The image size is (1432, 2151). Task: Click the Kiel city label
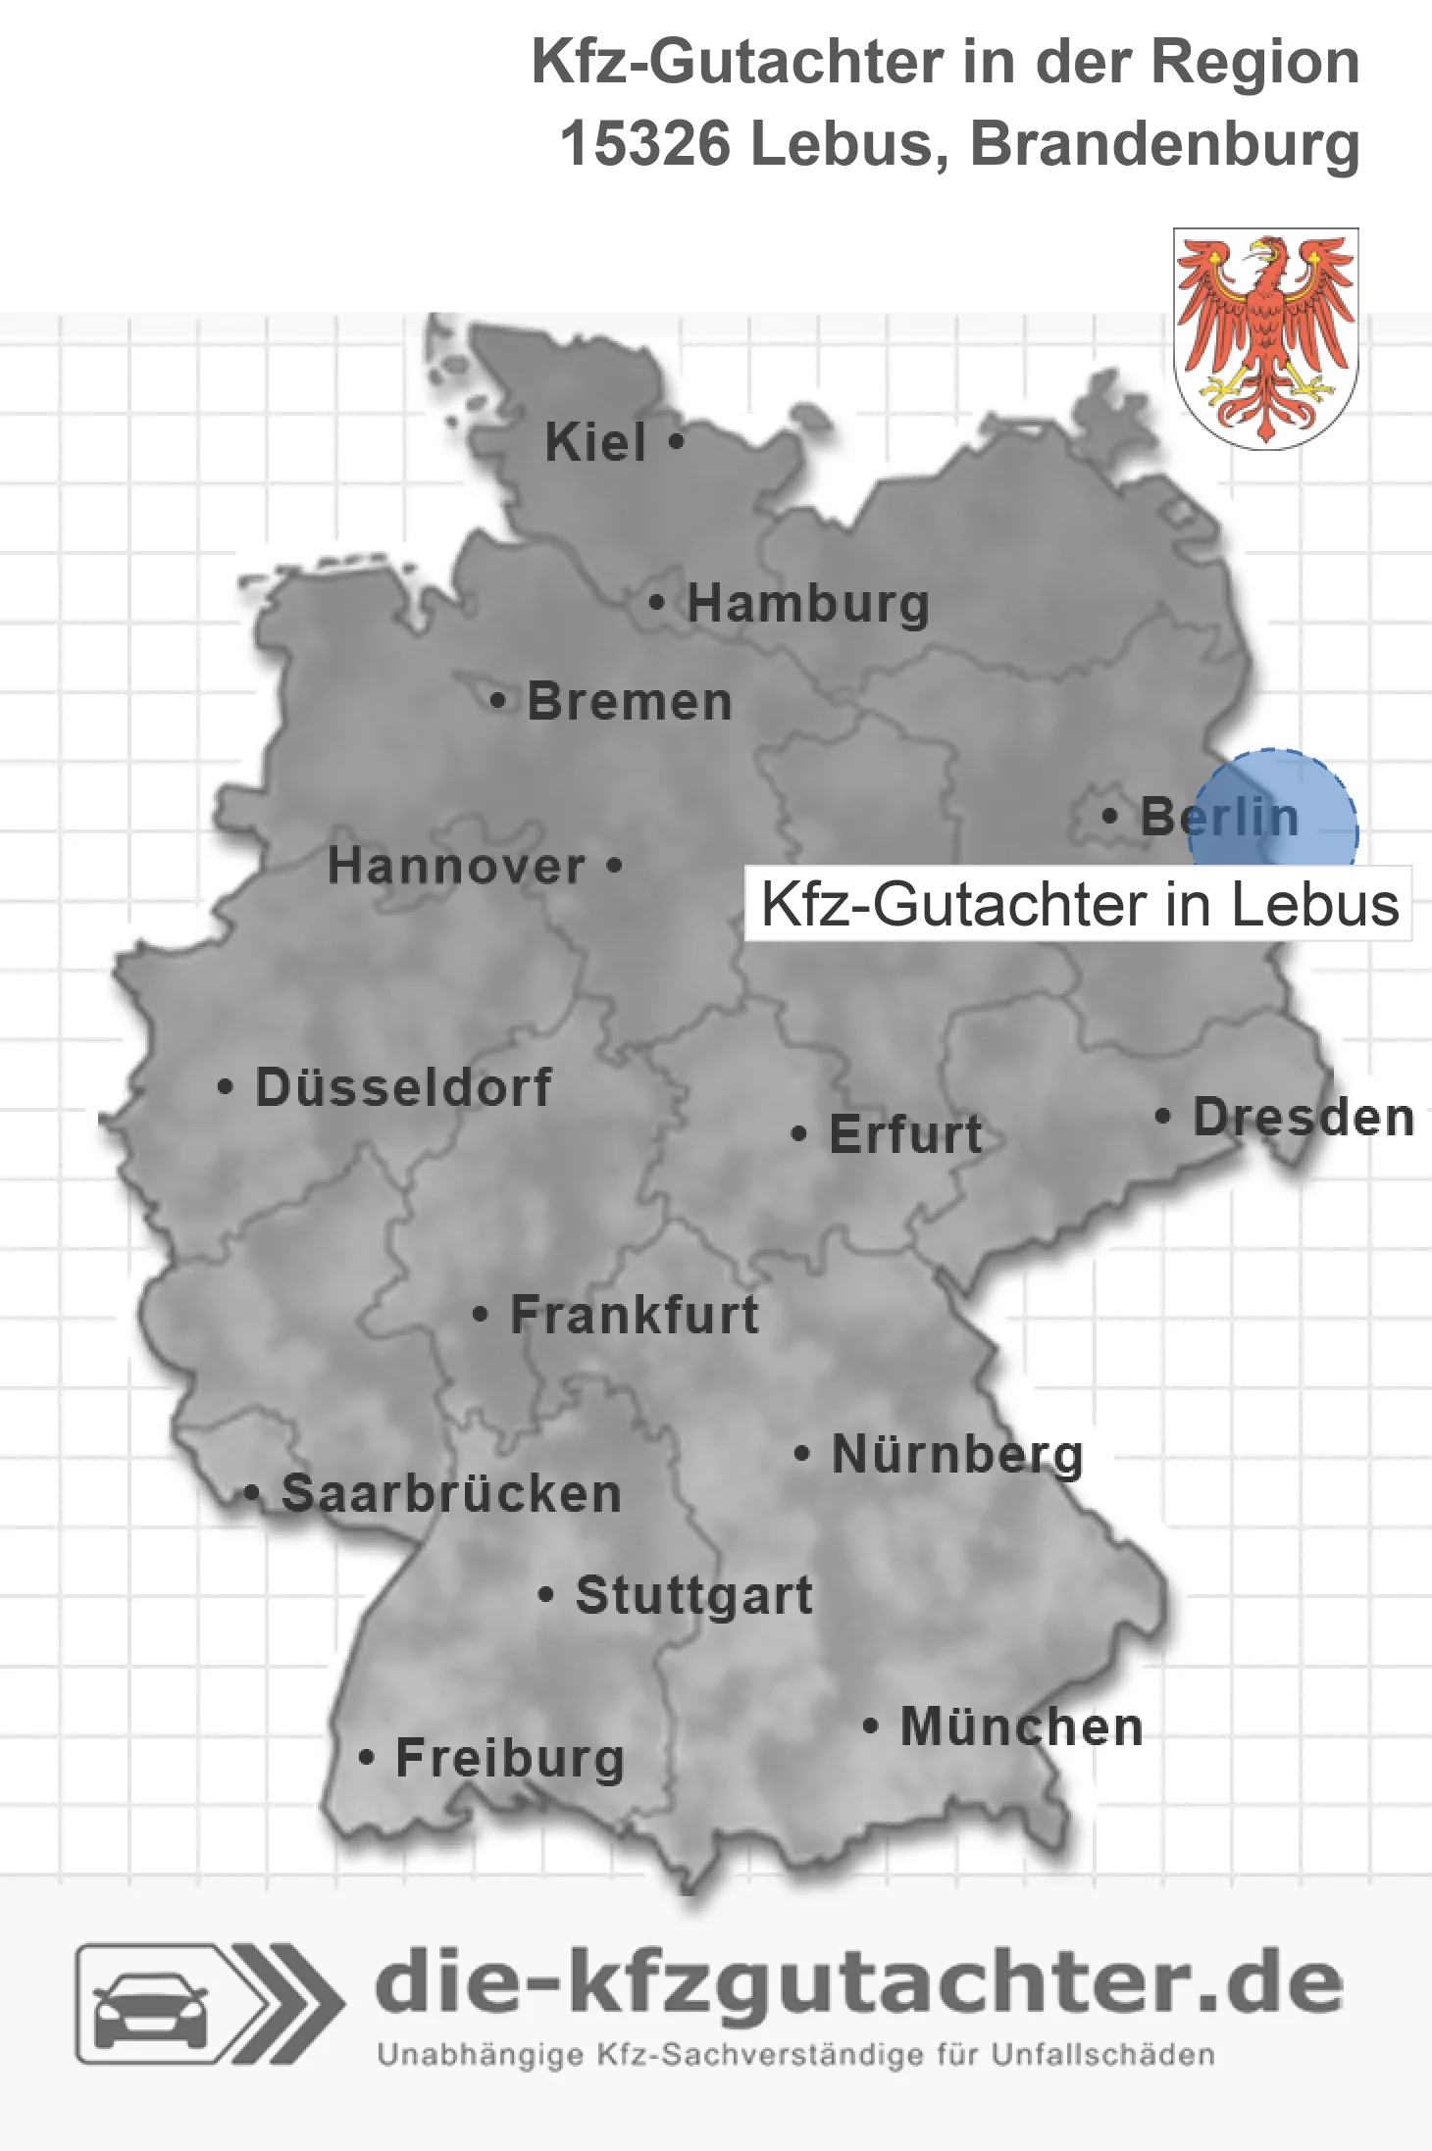pos(595,442)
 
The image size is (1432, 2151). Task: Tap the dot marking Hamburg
pos(656,603)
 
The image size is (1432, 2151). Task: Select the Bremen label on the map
pos(630,702)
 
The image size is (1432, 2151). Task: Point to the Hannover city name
pos(456,867)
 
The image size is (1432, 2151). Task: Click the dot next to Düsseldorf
pos(226,1087)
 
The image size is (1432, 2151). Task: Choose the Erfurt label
pos(905,1134)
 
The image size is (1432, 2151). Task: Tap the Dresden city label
pos(1304,1118)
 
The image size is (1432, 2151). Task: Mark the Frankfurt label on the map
pos(635,1315)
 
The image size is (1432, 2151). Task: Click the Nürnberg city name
pos(957,1454)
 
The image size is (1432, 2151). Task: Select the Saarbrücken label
pos(451,1494)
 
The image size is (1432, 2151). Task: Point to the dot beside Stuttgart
pos(546,1595)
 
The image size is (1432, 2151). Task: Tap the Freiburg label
pos(510,1758)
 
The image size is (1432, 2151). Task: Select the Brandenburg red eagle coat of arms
pos(1265,337)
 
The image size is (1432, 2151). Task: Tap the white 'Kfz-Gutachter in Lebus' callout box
pos(1079,904)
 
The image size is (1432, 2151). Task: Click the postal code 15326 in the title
pos(644,144)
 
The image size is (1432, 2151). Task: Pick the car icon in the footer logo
pos(150,2007)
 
